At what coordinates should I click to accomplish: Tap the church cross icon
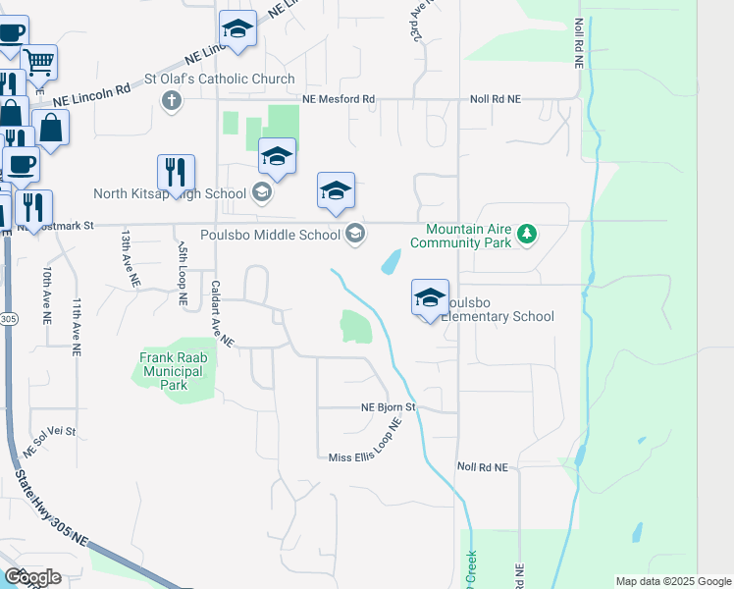click(172, 99)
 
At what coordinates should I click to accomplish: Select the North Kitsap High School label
click(170, 193)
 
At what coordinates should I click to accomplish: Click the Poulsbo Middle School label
click(269, 235)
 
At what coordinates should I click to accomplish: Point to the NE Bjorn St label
click(389, 406)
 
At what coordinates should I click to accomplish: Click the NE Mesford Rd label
click(339, 99)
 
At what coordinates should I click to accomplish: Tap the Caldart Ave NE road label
click(221, 313)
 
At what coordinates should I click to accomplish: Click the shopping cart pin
click(38, 63)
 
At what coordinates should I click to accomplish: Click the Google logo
click(33, 576)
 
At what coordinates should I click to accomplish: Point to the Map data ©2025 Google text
click(672, 581)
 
